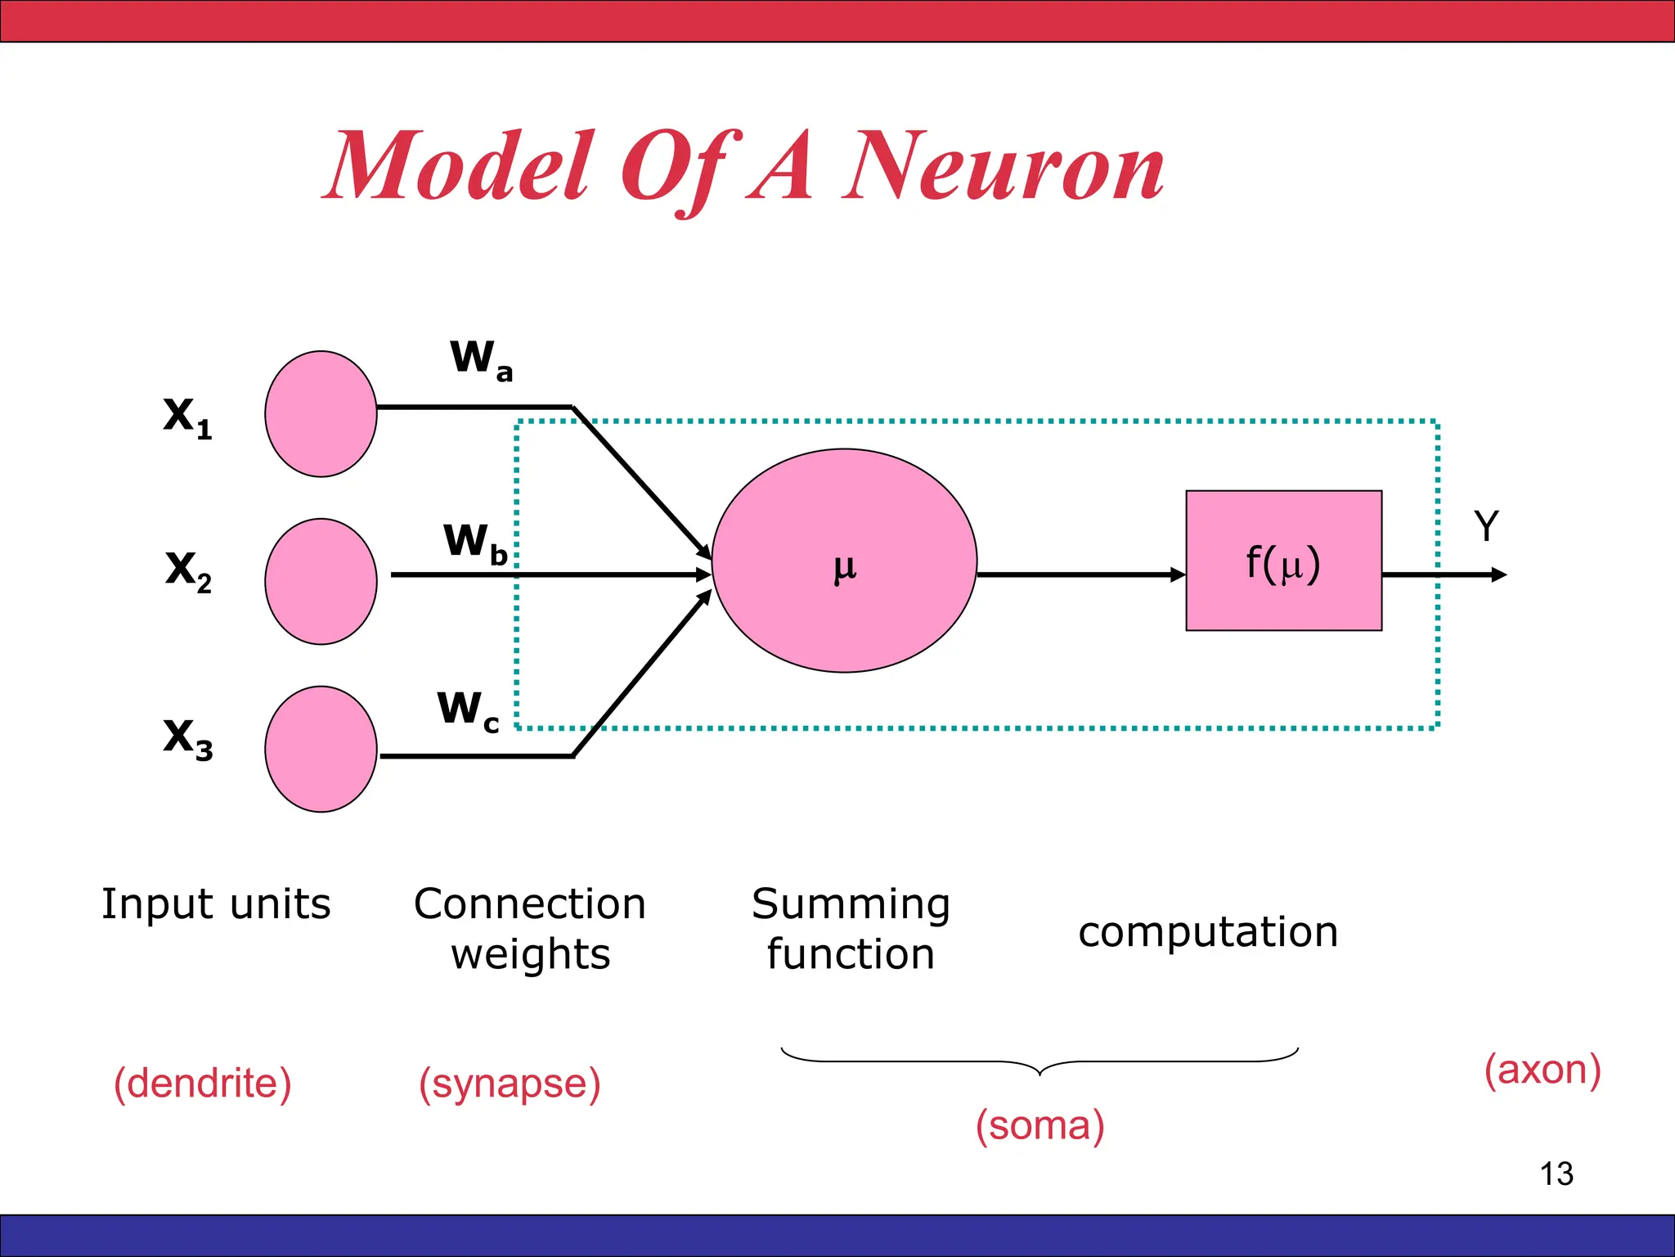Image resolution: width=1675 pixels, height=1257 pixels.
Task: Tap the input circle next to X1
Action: pyautogui.click(x=321, y=414)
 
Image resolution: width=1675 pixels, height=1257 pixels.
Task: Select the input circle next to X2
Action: pyautogui.click(x=321, y=581)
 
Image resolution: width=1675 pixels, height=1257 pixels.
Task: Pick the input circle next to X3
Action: pyautogui.click(x=321, y=749)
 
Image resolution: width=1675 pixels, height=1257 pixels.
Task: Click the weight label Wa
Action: pyautogui.click(x=481, y=360)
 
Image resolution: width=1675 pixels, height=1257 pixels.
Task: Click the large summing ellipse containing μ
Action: pyautogui.click(x=844, y=561)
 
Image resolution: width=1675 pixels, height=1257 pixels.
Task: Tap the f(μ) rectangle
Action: pyautogui.click(x=1283, y=561)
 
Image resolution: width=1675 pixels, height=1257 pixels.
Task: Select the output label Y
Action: pyautogui.click(x=1486, y=526)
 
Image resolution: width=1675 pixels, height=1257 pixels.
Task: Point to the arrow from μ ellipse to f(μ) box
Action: pyautogui.click(x=1080, y=575)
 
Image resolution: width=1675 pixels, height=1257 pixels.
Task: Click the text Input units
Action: pyautogui.click(x=216, y=904)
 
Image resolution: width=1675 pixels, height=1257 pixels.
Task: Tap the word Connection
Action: pyautogui.click(x=530, y=904)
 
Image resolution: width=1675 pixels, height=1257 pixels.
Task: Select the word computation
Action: pyautogui.click(x=1208, y=932)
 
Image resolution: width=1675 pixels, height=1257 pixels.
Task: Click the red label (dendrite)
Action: pyautogui.click(x=202, y=1084)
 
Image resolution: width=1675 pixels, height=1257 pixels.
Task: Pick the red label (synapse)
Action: pyautogui.click(x=510, y=1084)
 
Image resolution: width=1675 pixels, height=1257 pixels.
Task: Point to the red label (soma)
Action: pyautogui.click(x=1040, y=1125)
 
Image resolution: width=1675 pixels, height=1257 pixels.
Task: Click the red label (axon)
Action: pyautogui.click(x=1543, y=1070)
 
